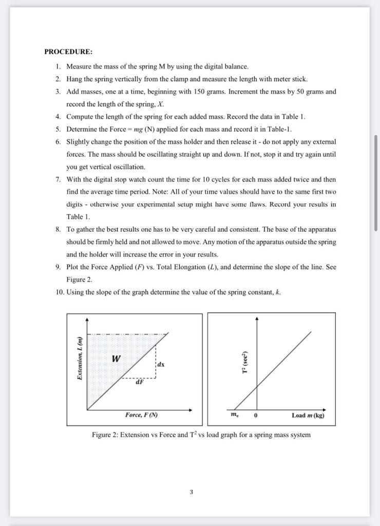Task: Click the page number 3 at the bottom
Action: tap(191, 492)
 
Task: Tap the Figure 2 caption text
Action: tap(201, 435)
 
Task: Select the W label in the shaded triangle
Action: tap(117, 359)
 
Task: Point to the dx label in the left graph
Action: tap(161, 364)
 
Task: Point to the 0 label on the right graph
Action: tap(255, 416)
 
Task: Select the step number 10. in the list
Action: tap(59, 292)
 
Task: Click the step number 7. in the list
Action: tap(59, 179)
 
